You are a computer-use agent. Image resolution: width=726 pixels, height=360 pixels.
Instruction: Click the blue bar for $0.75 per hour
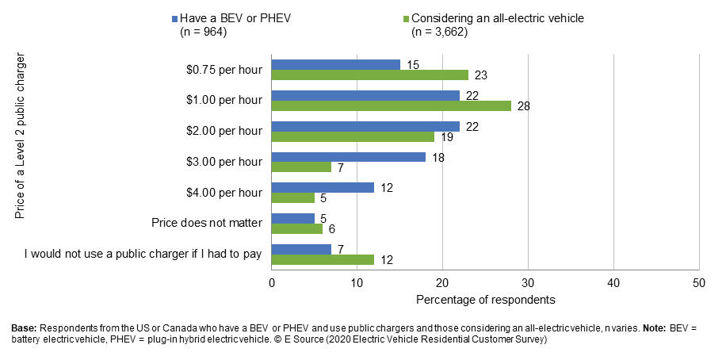[x=336, y=64]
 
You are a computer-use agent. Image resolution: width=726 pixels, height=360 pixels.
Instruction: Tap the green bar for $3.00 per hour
[x=301, y=167]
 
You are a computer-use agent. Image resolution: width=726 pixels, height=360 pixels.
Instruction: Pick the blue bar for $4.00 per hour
[x=323, y=188]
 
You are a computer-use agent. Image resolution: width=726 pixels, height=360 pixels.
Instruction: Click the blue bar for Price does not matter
[x=293, y=219]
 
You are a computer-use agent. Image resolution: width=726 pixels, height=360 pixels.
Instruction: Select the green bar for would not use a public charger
[x=323, y=260]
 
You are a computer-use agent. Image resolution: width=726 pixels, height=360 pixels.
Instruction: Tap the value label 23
[x=480, y=75]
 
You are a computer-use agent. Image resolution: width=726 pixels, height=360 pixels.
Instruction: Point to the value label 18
[x=437, y=157]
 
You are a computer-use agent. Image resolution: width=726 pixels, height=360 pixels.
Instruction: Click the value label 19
[x=445, y=136]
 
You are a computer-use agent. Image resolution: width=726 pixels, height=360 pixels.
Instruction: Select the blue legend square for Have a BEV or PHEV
[x=173, y=18]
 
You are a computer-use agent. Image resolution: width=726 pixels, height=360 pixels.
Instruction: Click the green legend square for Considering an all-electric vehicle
[x=406, y=18]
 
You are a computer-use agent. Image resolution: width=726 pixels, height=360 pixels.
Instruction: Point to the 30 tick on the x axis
[x=528, y=282]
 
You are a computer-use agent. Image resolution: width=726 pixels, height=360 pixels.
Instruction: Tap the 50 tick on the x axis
[x=698, y=282]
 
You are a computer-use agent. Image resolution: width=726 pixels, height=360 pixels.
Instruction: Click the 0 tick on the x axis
[x=272, y=282]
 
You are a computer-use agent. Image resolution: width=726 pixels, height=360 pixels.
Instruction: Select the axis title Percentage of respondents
[x=485, y=301]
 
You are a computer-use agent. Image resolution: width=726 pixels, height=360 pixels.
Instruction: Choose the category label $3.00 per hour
[x=227, y=162]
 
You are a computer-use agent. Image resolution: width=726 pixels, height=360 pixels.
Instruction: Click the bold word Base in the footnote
[x=24, y=327]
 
